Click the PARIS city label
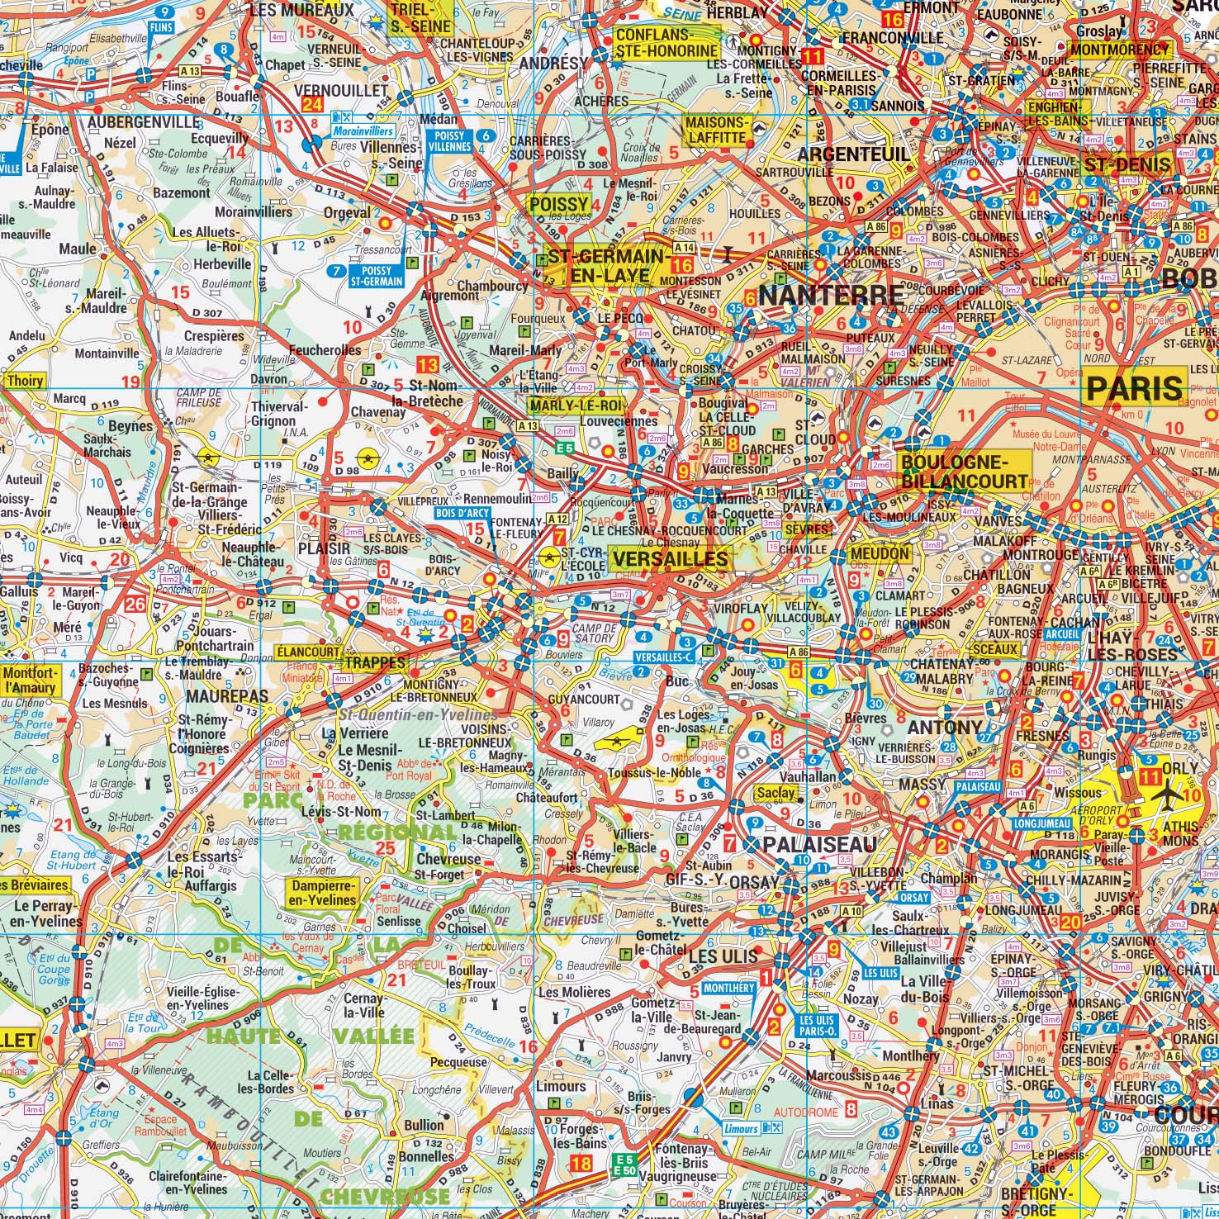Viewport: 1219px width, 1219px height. pos(1136,388)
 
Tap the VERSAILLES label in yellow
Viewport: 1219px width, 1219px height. pos(670,560)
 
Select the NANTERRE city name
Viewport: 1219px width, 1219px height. pos(830,295)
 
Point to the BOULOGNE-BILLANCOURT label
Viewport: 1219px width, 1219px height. pos(963,472)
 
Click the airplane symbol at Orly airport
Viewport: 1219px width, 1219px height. pos(1169,797)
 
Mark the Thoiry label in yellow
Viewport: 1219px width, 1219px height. pos(24,382)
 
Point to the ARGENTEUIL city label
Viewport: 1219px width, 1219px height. pos(853,154)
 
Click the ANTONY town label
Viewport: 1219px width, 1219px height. pos(945,728)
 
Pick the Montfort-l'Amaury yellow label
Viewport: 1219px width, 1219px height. pos(31,680)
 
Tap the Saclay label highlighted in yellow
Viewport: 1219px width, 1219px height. pos(776,793)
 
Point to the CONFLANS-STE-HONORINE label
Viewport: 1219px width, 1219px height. pos(666,43)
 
